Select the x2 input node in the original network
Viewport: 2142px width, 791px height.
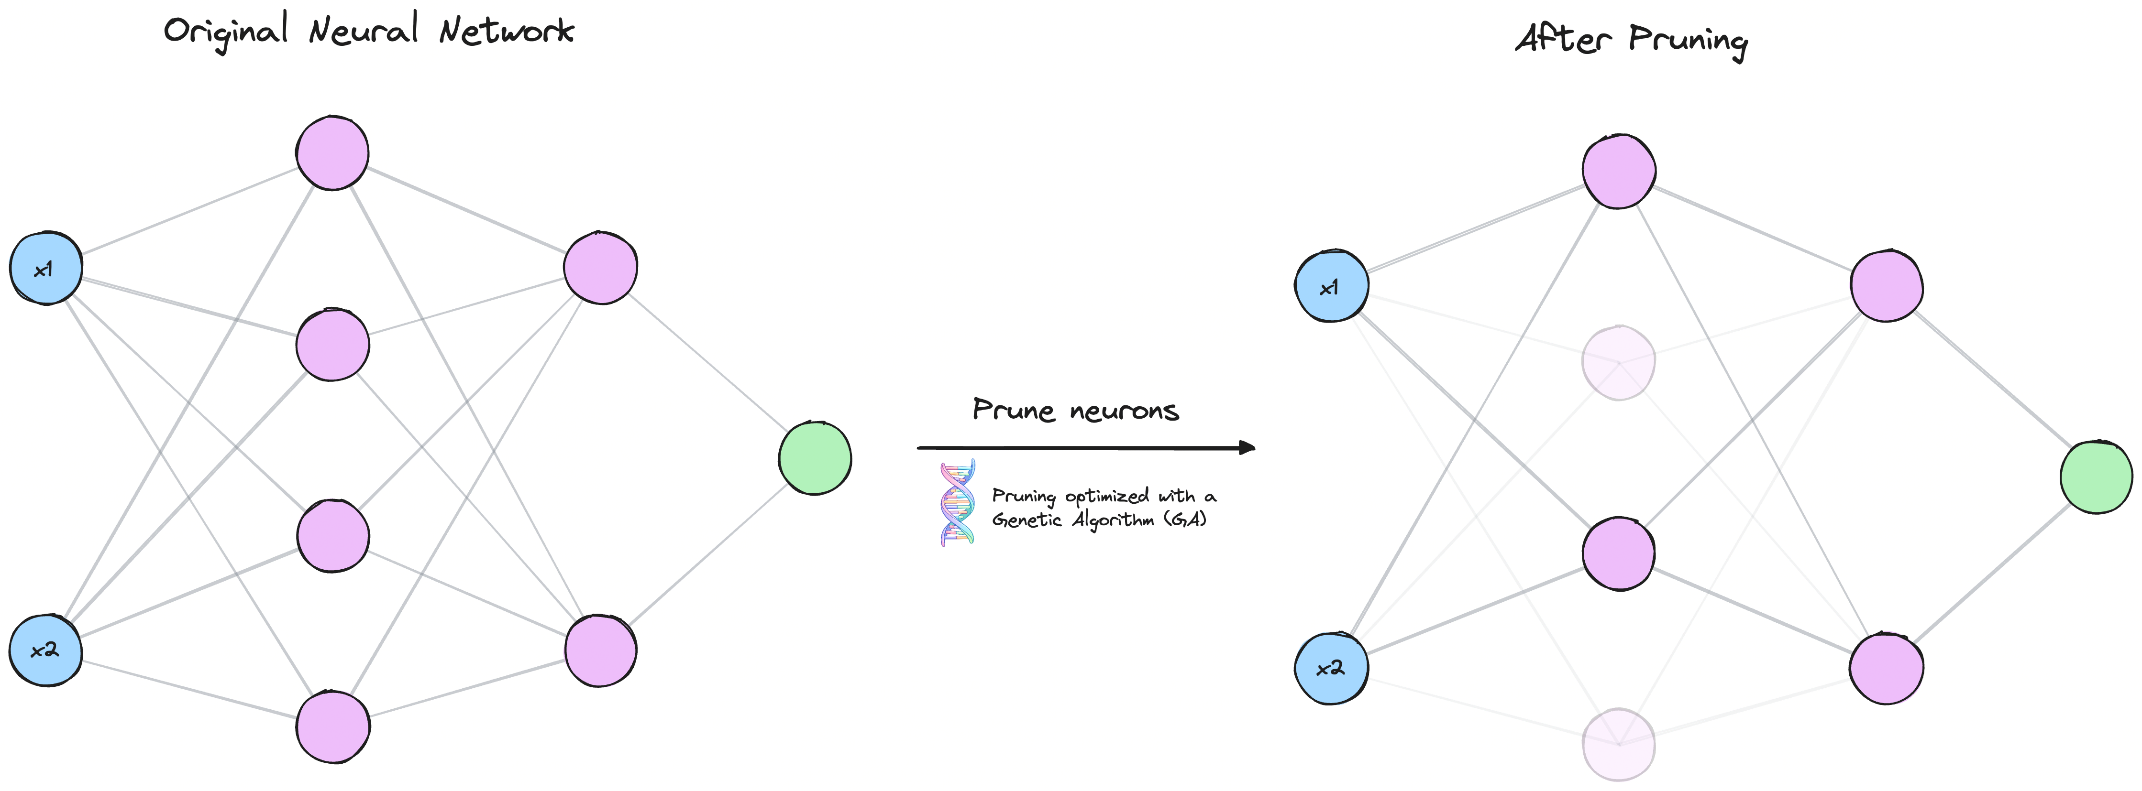coord(46,650)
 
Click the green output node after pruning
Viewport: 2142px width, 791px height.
coord(2096,477)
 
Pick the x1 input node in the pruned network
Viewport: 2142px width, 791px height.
coord(1331,286)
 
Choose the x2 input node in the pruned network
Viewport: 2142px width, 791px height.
coord(1331,668)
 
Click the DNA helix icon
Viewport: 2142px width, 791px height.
coord(957,503)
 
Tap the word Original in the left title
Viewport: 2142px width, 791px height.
coord(226,32)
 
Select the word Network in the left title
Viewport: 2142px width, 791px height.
coord(507,31)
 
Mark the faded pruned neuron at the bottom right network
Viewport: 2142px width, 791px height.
coord(1618,745)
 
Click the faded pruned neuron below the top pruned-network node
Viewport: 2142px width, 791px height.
coord(1618,362)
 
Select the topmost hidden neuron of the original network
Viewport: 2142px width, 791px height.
coord(332,153)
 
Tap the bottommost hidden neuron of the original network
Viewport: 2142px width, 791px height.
coord(332,727)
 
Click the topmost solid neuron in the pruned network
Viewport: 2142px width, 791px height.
coord(1618,171)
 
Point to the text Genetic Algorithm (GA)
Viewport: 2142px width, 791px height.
coord(1099,520)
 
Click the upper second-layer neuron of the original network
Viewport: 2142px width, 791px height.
coord(600,268)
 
